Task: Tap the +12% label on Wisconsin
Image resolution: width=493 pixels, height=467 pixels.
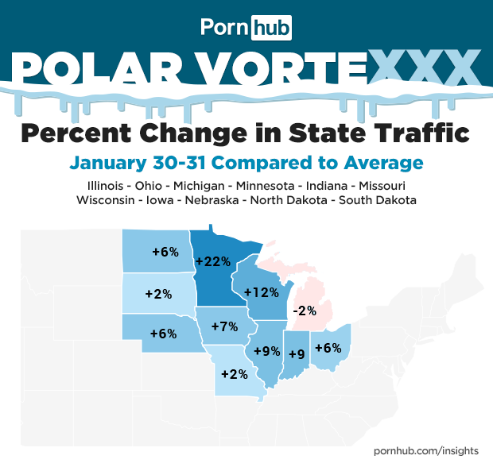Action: [261, 292]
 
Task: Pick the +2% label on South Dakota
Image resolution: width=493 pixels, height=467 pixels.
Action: [159, 293]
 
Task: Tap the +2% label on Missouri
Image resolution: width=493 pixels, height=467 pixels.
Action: [234, 373]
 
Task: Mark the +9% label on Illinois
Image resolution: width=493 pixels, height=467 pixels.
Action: [266, 350]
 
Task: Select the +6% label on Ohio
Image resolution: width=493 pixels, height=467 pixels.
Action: [328, 347]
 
